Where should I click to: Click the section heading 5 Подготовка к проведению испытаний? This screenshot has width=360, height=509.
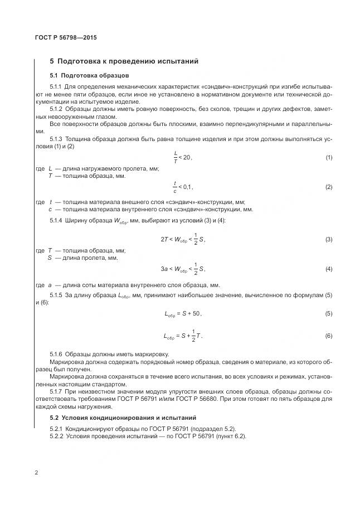124,61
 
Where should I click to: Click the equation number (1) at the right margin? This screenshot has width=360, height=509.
329,158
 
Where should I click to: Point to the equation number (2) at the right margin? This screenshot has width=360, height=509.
329,187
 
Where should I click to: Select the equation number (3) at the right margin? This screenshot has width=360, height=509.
329,239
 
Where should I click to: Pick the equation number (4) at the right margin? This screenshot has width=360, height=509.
329,269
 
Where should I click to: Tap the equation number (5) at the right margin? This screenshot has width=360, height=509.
329,314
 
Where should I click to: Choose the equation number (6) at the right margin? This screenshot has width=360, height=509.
329,336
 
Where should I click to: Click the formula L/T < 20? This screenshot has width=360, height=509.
182,158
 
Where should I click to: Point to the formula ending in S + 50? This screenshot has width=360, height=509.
183,314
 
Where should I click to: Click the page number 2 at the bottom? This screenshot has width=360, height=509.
37,473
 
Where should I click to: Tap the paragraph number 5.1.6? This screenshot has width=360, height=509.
56,355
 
